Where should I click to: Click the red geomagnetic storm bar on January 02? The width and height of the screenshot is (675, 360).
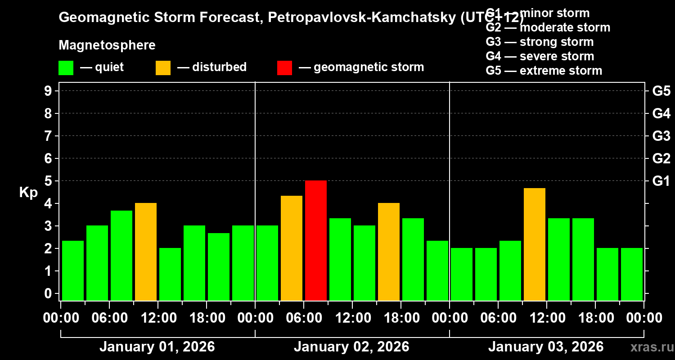tap(316, 240)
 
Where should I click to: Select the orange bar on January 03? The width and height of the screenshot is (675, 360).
tap(535, 244)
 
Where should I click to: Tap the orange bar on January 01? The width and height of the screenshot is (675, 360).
tap(146, 252)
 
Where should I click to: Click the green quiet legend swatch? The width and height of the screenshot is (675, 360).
tap(66, 67)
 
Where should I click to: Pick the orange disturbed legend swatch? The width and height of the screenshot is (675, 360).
tap(163, 67)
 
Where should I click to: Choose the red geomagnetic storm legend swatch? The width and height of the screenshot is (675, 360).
tap(284, 67)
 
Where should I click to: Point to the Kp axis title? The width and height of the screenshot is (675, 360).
tap(28, 192)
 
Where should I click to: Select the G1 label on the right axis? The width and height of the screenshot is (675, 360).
tap(661, 181)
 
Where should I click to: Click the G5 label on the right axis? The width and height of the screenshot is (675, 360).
tap(661, 91)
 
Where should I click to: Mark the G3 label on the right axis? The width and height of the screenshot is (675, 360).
tap(661, 136)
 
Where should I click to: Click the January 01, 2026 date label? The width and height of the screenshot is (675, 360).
tap(157, 347)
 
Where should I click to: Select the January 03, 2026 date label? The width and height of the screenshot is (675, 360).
tap(546, 347)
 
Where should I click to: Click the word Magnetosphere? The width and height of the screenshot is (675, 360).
tap(107, 45)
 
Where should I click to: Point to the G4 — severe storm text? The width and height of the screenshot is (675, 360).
tap(540, 56)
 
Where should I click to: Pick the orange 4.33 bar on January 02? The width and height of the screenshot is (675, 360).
tap(292, 248)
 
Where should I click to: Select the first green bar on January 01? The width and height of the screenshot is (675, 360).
tap(73, 270)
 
